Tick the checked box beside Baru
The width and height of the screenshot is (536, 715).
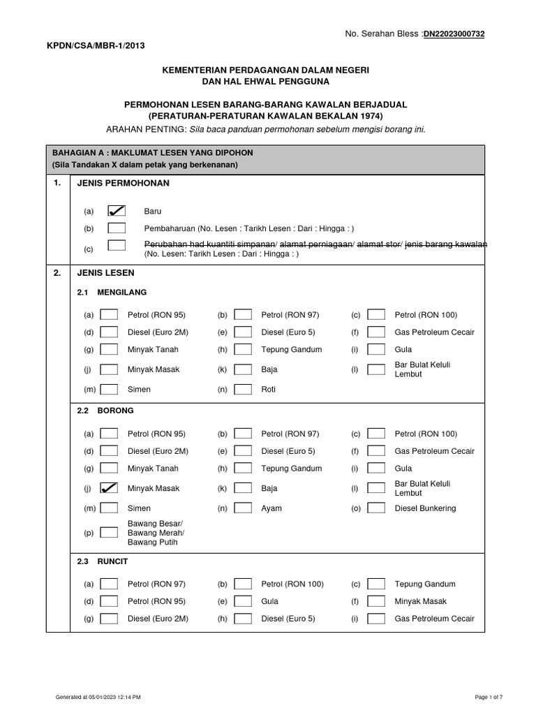click(117, 210)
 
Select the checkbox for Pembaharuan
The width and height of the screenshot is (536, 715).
click(117, 228)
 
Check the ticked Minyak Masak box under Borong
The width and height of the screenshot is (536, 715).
click(109, 488)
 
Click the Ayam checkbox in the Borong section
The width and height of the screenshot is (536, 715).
click(243, 508)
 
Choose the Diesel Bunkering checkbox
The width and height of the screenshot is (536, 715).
click(375, 508)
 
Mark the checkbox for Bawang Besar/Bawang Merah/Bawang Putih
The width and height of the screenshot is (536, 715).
click(109, 533)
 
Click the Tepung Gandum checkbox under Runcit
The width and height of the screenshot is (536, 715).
click(375, 584)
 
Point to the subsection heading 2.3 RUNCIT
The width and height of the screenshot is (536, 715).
click(103, 561)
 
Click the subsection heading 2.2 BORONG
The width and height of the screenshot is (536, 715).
click(105, 411)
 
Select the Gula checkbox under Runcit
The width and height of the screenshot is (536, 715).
click(243, 600)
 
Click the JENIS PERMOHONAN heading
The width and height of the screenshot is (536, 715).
click(124, 183)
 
